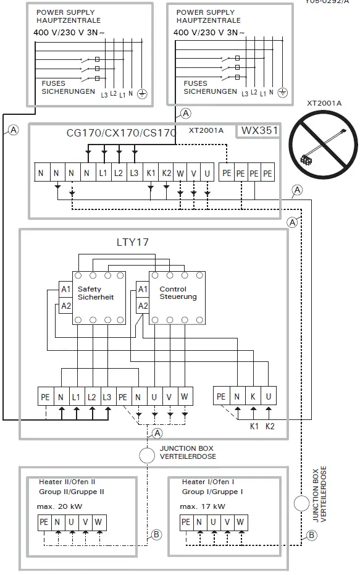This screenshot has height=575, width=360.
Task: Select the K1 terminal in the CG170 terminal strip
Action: click(151, 174)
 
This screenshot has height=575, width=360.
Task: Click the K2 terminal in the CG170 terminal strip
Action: click(166, 174)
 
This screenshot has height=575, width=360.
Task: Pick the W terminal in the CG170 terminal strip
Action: click(180, 174)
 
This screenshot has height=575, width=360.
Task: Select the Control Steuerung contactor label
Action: click(177, 293)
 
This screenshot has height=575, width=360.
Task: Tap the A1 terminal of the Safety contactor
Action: click(65, 289)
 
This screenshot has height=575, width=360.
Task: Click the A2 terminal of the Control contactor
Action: click(143, 306)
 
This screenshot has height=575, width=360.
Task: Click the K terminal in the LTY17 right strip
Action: click(253, 397)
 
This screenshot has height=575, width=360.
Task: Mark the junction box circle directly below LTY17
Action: click(146, 456)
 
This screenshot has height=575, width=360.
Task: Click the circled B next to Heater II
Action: click(156, 534)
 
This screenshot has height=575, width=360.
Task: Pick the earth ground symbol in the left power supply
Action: click(141, 93)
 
